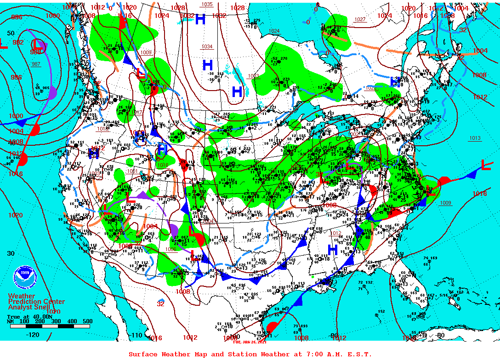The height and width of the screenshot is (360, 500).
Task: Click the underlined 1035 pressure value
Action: (x=207, y=4)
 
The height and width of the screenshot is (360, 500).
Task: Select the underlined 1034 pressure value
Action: (x=207, y=47)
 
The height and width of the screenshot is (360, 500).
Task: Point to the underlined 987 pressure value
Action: (x=36, y=64)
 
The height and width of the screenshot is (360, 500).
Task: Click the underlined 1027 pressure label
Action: (x=360, y=19)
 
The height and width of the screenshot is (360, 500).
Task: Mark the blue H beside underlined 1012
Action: (x=333, y=250)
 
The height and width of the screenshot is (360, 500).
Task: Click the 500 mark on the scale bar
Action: (x=87, y=321)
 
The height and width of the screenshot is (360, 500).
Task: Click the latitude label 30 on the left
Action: (x=11, y=253)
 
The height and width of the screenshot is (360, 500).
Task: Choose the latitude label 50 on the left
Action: (x=11, y=33)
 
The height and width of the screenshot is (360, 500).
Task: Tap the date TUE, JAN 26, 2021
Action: (x=250, y=342)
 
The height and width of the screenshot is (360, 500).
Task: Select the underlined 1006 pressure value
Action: (x=170, y=249)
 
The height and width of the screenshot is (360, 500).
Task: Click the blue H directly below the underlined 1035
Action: (x=200, y=19)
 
